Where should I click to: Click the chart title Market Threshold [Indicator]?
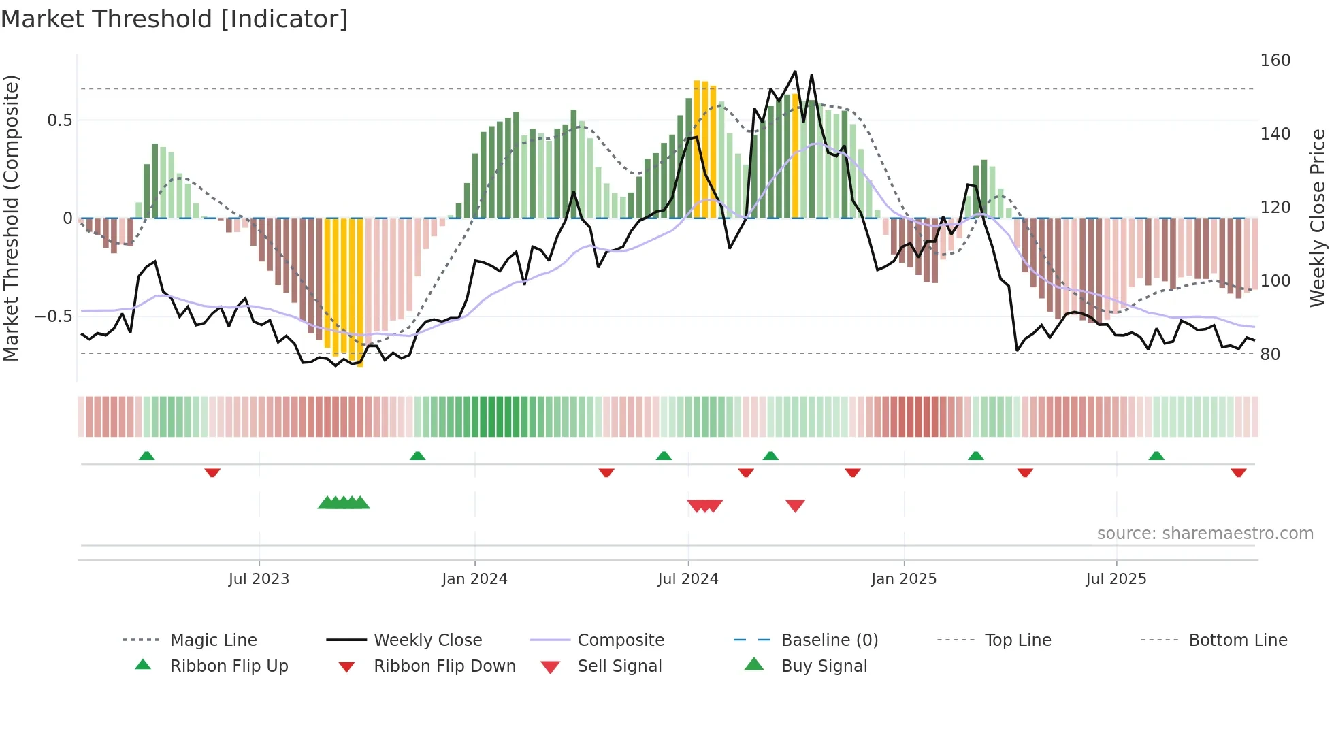click(174, 19)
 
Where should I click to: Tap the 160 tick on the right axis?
click(1275, 61)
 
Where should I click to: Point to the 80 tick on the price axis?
click(1270, 354)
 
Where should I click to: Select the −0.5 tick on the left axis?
click(54, 316)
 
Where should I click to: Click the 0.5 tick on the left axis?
click(59, 120)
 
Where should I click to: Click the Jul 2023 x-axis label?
click(259, 579)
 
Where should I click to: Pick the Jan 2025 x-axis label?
click(903, 579)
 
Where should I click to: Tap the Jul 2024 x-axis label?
click(687, 579)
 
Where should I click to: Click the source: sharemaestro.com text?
click(1205, 534)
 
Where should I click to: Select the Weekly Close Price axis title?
click(1318, 218)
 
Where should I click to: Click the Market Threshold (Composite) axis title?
click(11, 218)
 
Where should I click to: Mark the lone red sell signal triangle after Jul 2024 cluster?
click(795, 506)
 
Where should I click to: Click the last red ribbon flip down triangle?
click(1238, 472)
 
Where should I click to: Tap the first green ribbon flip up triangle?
click(146, 456)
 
